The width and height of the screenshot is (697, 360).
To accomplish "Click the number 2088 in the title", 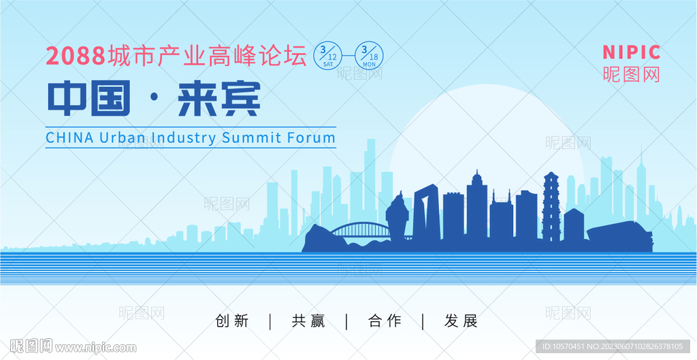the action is click(x=76, y=56).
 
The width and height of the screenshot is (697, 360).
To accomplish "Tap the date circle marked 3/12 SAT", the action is click(x=328, y=56).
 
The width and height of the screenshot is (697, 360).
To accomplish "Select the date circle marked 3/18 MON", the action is click(x=369, y=56).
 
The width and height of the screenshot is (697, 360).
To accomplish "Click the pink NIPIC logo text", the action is click(x=632, y=52).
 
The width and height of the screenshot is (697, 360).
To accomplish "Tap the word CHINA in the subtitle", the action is click(x=70, y=137).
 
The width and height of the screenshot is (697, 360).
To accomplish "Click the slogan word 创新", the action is click(x=231, y=321).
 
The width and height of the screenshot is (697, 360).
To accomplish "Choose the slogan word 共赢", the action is click(x=308, y=321).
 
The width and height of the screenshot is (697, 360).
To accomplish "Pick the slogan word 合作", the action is click(x=385, y=321).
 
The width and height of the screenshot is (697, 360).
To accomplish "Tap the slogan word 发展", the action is click(x=461, y=321).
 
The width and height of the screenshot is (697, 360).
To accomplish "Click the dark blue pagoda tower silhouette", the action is click(x=551, y=207).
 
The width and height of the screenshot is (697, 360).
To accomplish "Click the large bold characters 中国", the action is click(x=89, y=98).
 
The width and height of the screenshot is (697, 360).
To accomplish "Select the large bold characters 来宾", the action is click(x=218, y=98).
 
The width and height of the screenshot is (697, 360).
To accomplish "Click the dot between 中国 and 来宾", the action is click(x=154, y=99).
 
